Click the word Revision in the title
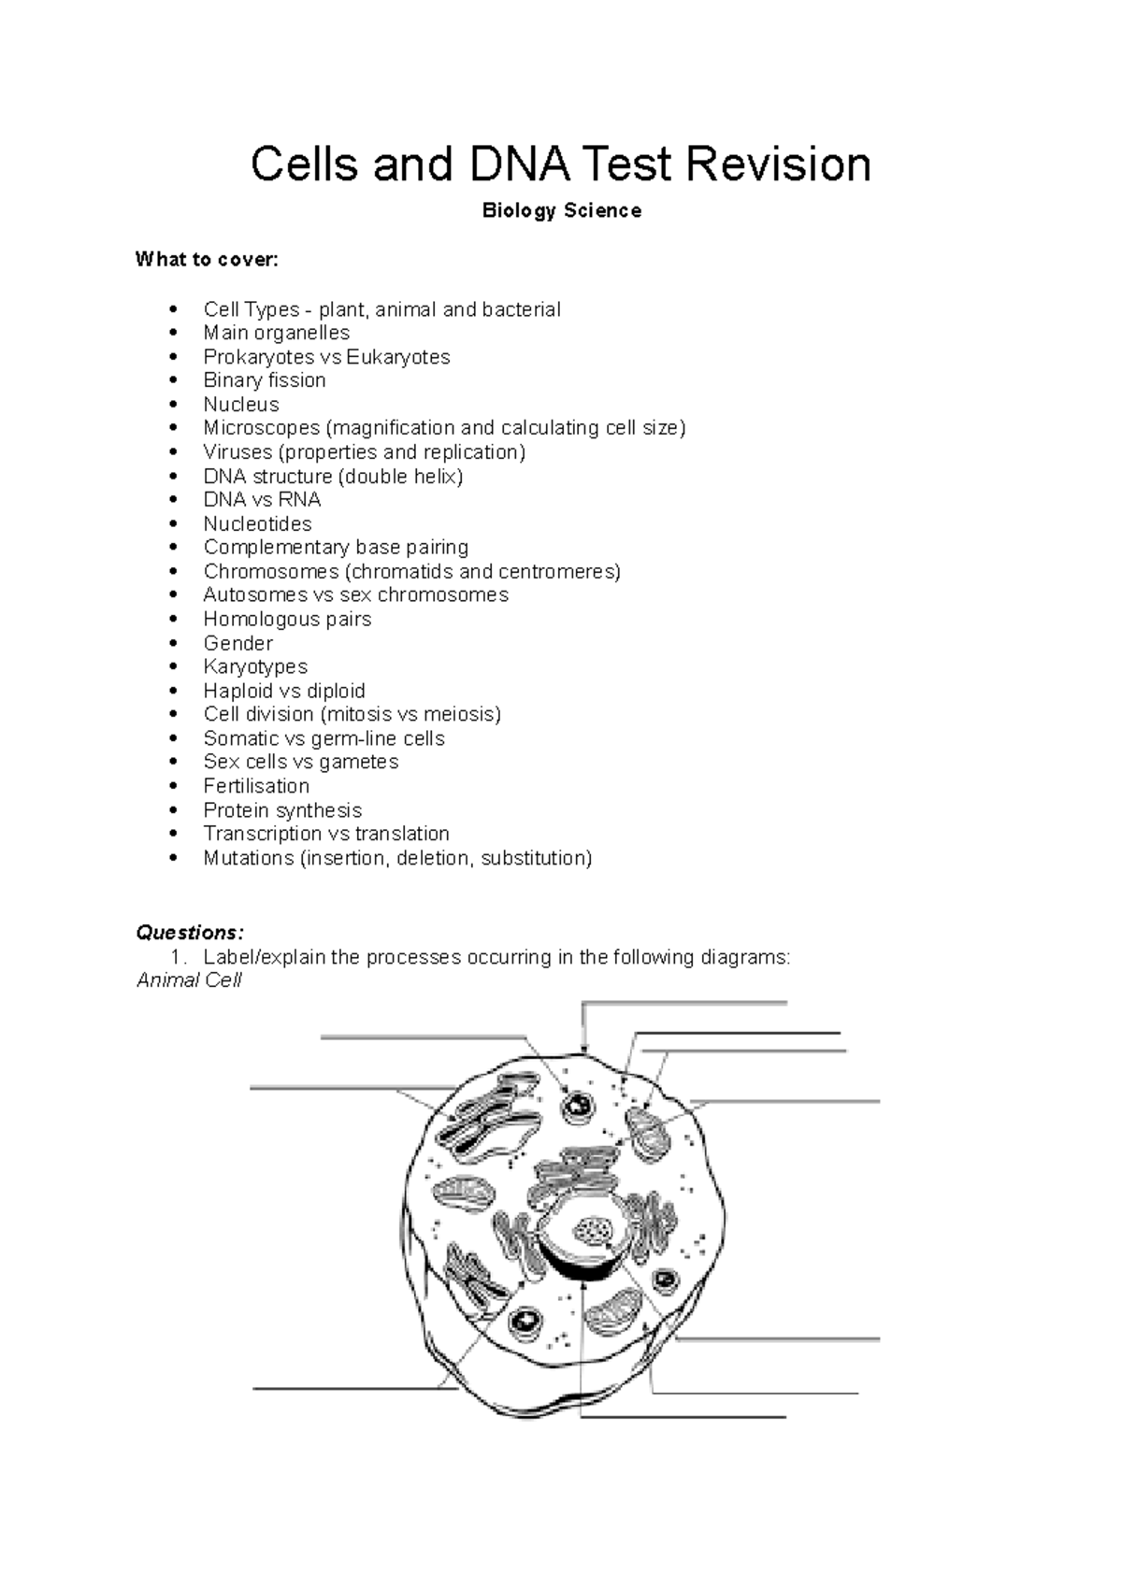(778, 164)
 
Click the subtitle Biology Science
(561, 211)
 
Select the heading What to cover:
(207, 260)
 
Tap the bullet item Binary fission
(265, 380)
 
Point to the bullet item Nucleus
(241, 405)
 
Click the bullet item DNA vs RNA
(262, 500)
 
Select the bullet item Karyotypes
(255, 667)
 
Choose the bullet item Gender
(237, 644)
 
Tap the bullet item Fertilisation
(256, 787)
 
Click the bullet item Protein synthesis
(282, 810)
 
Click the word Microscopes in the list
(261, 428)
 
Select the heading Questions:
(190, 933)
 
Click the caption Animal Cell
(189, 980)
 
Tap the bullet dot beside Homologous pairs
(173, 620)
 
